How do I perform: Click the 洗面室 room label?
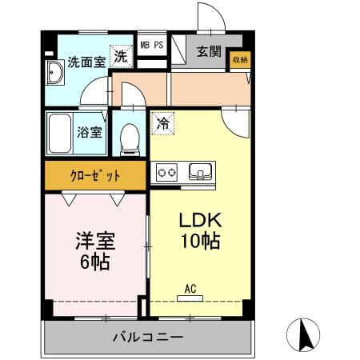pos(86,62)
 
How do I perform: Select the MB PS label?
pos(152,46)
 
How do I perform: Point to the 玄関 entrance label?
pos(209,53)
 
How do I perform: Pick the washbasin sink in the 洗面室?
pos(56,75)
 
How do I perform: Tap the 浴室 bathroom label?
pos(89,132)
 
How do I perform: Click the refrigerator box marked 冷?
pos(162,124)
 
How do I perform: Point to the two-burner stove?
pos(167,171)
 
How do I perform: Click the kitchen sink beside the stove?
pos(199,170)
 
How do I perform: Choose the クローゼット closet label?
pos(95,175)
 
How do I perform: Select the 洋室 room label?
pos(94,241)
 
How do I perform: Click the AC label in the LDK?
pos(190,289)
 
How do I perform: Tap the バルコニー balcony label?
pos(147,337)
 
